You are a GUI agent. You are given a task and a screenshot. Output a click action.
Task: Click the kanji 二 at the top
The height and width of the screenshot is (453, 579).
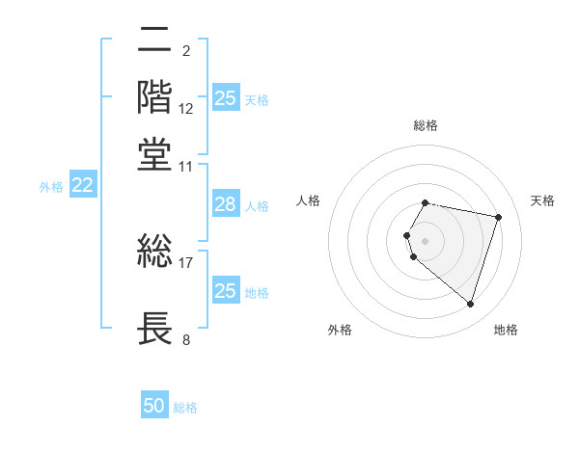(x=155, y=41)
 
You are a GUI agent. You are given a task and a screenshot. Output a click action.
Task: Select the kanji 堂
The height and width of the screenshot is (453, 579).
(x=155, y=155)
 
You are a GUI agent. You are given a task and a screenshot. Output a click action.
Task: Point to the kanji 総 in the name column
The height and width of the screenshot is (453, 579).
(x=155, y=252)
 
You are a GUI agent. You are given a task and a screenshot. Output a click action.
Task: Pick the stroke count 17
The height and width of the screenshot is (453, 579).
(x=186, y=261)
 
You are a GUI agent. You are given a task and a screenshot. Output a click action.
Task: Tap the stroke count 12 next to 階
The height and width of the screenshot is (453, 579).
(x=186, y=109)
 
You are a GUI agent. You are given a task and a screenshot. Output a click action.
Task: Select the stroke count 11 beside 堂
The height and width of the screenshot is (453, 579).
(x=186, y=166)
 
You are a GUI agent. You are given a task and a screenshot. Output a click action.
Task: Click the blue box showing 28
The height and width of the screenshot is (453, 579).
(x=225, y=204)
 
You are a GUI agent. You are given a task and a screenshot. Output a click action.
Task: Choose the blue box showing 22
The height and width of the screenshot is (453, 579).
(x=82, y=186)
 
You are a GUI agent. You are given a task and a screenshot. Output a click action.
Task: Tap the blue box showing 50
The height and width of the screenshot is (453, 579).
(x=154, y=406)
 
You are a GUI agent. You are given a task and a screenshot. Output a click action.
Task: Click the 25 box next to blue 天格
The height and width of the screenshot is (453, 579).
(x=225, y=98)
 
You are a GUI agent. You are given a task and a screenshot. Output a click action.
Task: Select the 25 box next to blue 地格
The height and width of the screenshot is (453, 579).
(x=225, y=291)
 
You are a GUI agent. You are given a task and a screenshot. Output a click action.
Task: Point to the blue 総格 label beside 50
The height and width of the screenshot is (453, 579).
(x=185, y=408)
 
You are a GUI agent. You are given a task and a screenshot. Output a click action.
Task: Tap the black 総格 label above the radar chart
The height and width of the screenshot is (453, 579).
(x=426, y=125)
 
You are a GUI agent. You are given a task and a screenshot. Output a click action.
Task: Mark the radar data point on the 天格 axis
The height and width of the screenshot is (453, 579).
(x=498, y=217)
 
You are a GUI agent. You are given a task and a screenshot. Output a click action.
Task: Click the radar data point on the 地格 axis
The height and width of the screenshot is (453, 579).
(x=470, y=305)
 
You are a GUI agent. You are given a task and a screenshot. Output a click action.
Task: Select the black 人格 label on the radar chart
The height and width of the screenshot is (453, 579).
(x=309, y=200)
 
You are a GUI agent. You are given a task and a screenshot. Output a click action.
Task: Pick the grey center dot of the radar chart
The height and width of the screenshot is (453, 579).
(x=426, y=240)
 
